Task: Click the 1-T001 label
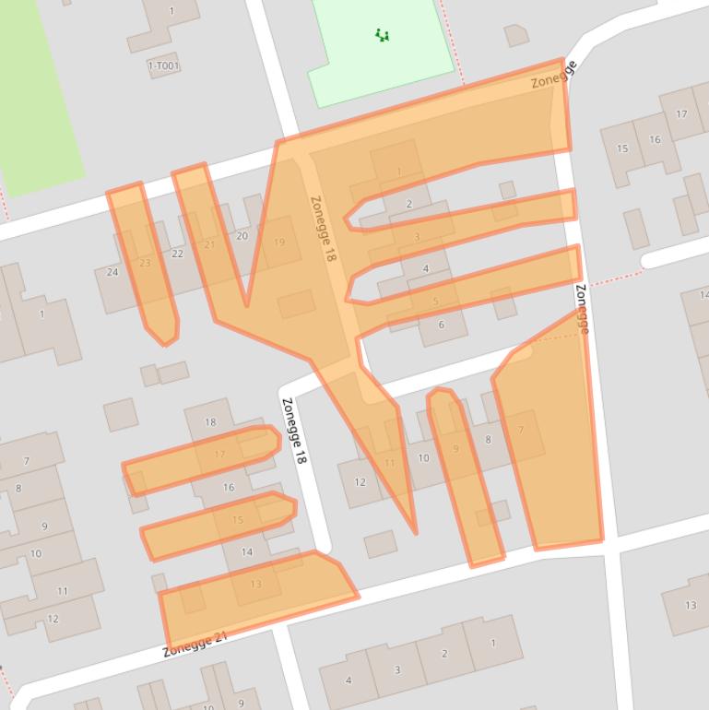(163, 66)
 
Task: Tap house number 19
(279, 243)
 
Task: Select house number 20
(242, 236)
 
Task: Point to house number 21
(209, 244)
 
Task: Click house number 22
(177, 254)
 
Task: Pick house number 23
(145, 263)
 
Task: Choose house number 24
(112, 272)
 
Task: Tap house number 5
(435, 302)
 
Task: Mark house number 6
(441, 325)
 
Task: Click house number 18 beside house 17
(210, 422)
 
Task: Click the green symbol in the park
(383, 35)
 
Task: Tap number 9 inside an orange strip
(455, 449)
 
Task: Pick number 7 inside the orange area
(521, 431)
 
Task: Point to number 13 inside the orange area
(255, 584)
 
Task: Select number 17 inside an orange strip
(219, 455)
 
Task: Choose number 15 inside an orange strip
(238, 520)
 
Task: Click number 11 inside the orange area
(390, 463)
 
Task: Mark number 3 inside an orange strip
(417, 237)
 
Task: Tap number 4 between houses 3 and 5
(425, 269)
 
